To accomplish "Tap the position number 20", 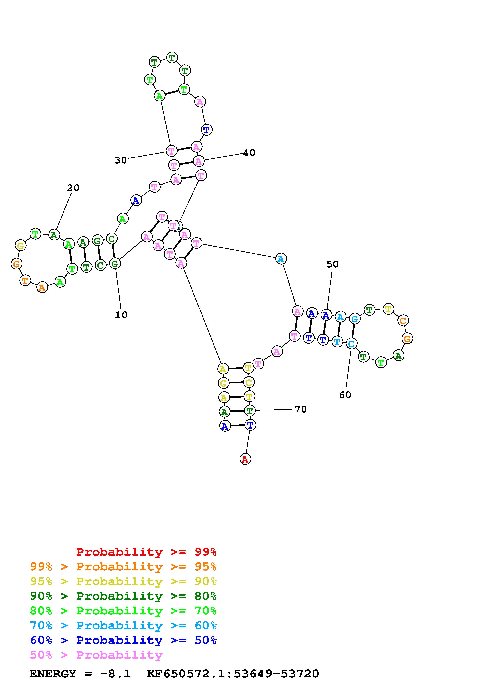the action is pyautogui.click(x=73, y=188).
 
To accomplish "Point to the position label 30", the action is pyautogui.click(x=121, y=160).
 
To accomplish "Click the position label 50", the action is pyautogui.click(x=332, y=264).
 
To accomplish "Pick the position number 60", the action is pyautogui.click(x=345, y=395).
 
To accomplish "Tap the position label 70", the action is pyautogui.click(x=301, y=409).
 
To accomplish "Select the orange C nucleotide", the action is pyautogui.click(x=403, y=321).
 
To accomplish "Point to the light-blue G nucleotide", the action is pyautogui.click(x=354, y=319).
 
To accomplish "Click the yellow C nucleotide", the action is pyautogui.click(x=249, y=382).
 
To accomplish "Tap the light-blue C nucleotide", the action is pyautogui.click(x=351, y=344).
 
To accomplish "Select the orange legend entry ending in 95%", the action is pyautogui.click(x=123, y=567).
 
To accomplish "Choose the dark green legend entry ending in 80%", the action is pyautogui.click(x=123, y=596).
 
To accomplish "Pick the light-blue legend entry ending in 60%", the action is pyautogui.click(x=123, y=625).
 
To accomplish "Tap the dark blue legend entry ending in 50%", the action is pyautogui.click(x=123, y=640).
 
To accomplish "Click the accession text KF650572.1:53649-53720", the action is pyautogui.click(x=233, y=674).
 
